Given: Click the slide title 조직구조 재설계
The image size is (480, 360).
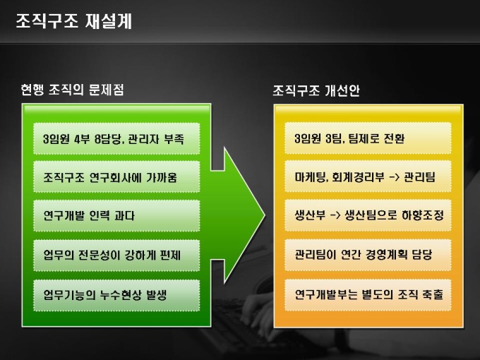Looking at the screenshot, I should tap(73, 21).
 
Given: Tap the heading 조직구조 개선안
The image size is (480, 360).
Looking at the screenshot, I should tap(317, 91).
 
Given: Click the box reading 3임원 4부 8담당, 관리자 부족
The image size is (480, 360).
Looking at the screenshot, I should tap(116, 139).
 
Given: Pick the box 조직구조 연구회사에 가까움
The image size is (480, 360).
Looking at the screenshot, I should tap(116, 178).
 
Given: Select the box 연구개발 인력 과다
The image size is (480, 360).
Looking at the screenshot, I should tap(116, 216).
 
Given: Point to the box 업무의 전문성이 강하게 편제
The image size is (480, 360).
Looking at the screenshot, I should tap(116, 255).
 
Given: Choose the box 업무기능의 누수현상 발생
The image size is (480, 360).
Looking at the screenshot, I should tap(116, 293).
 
